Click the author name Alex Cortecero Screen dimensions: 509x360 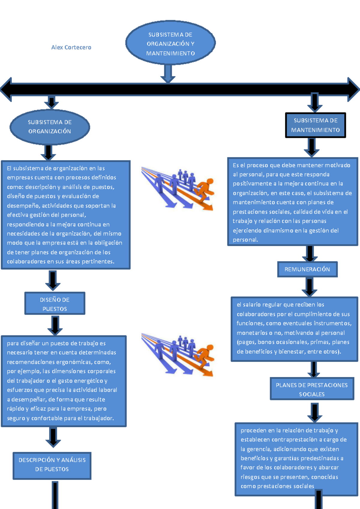pos(71,47)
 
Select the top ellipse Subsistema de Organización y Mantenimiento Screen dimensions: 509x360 pos(170,43)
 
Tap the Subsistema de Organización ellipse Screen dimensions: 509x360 pos(50,127)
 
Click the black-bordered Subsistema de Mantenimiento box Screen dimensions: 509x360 pos(315,125)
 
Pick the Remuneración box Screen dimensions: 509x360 pos(307,269)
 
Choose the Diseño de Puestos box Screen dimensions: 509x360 pos(55,304)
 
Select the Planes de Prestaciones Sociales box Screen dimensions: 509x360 pos(312,389)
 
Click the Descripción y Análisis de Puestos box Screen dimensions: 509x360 pos(52,465)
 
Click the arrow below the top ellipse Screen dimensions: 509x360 pos(168,74)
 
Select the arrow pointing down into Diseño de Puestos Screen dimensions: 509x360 pos(53,281)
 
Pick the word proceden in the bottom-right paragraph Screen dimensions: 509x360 pos(253,430)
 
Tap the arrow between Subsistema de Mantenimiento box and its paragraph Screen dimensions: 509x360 pos(312,147)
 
